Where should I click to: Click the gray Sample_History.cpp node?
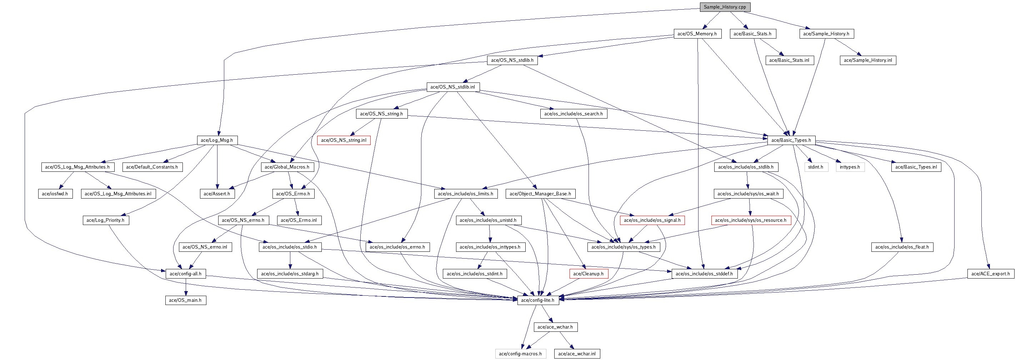tap(725, 7)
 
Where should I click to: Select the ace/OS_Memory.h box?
tap(697, 34)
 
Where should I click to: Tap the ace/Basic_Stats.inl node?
tap(789, 60)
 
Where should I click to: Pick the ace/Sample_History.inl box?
tap(867, 60)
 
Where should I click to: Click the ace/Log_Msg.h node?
tap(216, 140)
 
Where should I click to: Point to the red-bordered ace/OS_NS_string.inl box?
tap(344, 140)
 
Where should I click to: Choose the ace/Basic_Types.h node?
tap(791, 140)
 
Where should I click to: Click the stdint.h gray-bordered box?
tap(815, 167)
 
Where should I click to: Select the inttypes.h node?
tap(850, 167)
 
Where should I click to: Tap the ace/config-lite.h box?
tap(537, 300)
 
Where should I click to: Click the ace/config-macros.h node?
tap(520, 354)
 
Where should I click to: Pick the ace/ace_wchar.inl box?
tap(577, 354)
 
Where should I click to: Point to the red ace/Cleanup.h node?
tap(588, 274)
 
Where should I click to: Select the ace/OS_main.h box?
tap(185, 300)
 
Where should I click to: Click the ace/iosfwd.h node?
tap(55, 194)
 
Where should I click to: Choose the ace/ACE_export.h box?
tap(990, 274)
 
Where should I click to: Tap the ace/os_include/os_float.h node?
tap(902, 247)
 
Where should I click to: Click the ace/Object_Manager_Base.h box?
tap(540, 194)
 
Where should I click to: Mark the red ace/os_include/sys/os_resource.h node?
tap(750, 220)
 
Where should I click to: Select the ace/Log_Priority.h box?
tap(105, 220)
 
